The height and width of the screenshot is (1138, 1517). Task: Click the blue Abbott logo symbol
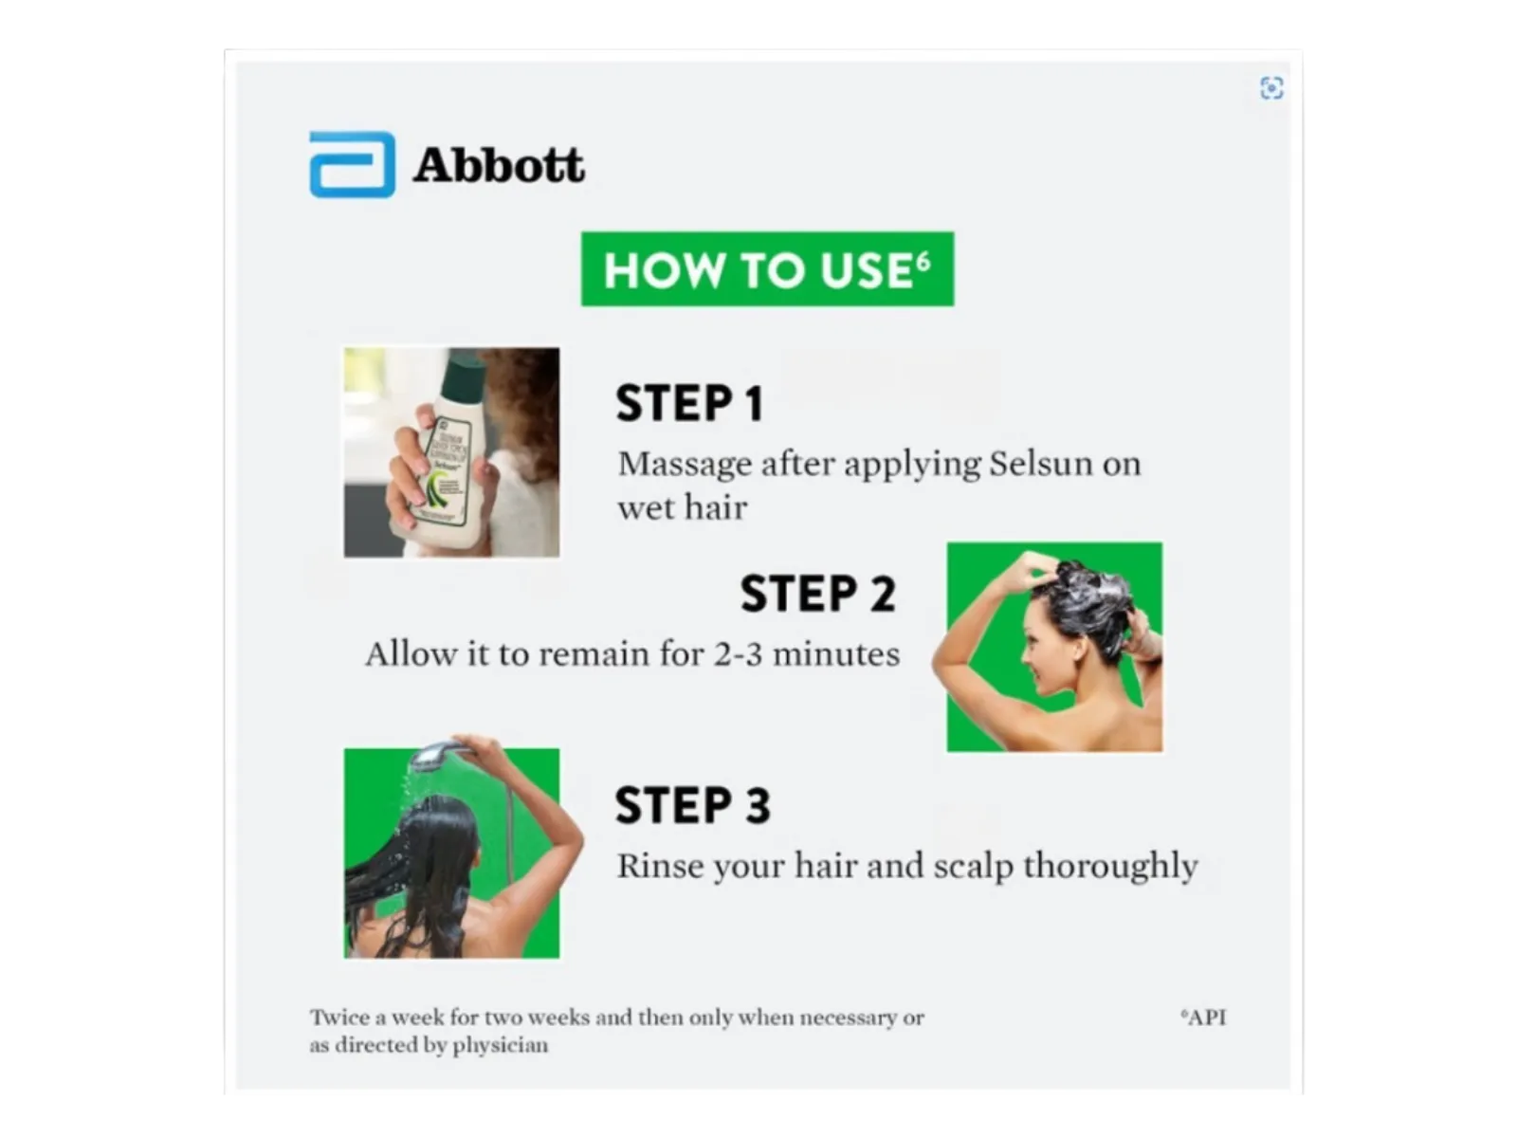tap(352, 164)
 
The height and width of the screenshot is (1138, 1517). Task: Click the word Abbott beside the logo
tap(499, 166)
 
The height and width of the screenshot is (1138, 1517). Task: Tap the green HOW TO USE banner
tap(767, 268)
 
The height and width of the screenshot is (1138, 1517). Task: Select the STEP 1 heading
tap(689, 403)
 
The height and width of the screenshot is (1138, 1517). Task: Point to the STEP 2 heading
tap(817, 594)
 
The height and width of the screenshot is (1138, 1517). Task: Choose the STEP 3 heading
tap(692, 805)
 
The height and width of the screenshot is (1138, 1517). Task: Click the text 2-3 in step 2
tap(738, 653)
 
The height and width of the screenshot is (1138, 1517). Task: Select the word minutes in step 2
tap(836, 653)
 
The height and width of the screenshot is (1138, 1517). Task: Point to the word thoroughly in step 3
tap(1110, 867)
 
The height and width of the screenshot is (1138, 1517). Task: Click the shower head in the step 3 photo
tap(434, 757)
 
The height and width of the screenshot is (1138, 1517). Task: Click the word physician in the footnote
tap(500, 1045)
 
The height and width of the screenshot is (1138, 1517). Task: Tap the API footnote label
tap(1203, 1017)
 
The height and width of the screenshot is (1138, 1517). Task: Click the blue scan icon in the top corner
tap(1271, 88)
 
